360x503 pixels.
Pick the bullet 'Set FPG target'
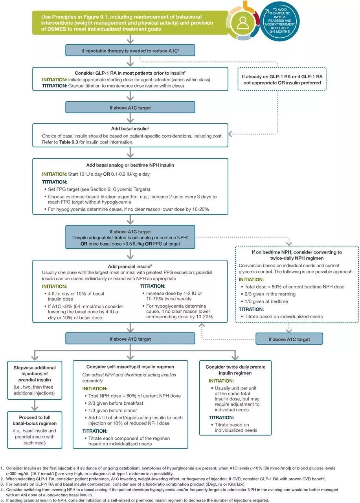click(98, 189)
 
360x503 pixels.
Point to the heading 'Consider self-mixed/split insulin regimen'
click(130, 367)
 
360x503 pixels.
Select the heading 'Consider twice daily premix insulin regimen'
click(235, 370)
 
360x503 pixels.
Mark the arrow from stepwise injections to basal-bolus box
click(35, 405)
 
